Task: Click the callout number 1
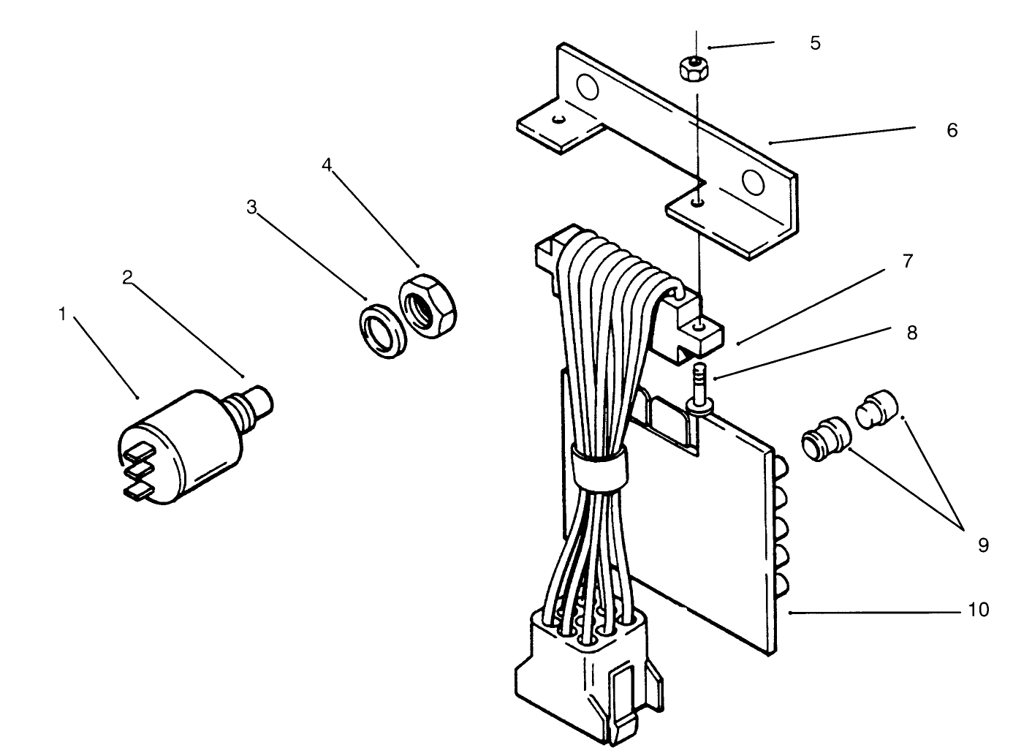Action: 63,314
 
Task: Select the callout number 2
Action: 127,277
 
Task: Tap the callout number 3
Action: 251,208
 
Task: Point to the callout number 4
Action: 327,164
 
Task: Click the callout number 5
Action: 815,43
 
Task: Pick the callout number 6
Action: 952,130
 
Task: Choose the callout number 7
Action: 908,261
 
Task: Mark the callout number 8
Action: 911,333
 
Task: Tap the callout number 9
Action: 983,545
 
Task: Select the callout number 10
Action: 978,609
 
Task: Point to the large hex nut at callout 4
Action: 428,305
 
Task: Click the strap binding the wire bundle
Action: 599,468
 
